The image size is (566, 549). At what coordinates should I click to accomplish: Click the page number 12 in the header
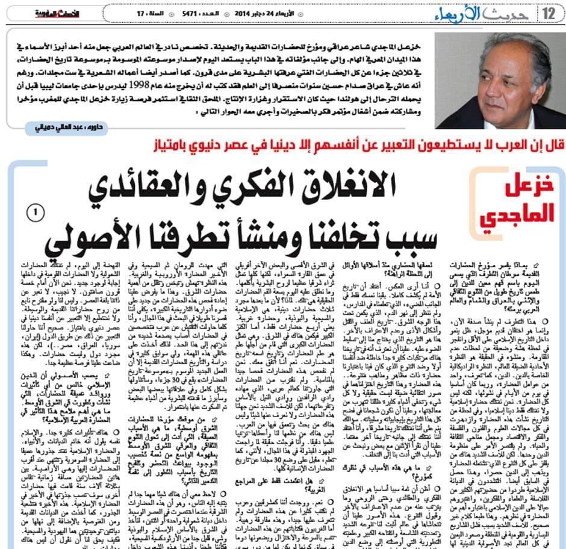(549, 12)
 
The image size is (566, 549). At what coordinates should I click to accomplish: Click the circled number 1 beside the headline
(35, 212)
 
